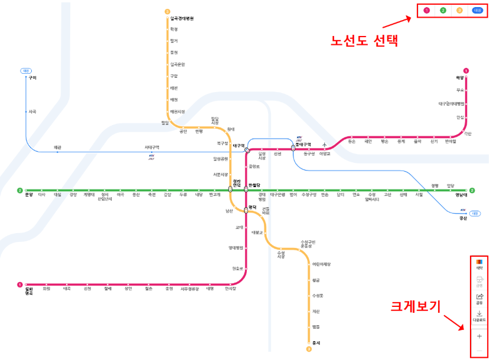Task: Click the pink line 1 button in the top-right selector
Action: point(426,11)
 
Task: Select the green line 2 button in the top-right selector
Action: point(443,11)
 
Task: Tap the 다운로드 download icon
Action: point(479,316)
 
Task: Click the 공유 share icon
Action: point(479,298)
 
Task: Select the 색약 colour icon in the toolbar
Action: point(479,264)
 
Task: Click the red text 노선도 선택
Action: point(364,41)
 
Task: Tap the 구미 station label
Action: point(32,77)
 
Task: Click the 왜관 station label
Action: point(57,147)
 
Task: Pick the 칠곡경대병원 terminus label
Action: point(182,18)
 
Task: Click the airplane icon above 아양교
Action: point(325,145)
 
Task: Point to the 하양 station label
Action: point(460,77)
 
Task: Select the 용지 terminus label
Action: point(315,342)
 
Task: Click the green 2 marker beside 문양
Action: point(19,191)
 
